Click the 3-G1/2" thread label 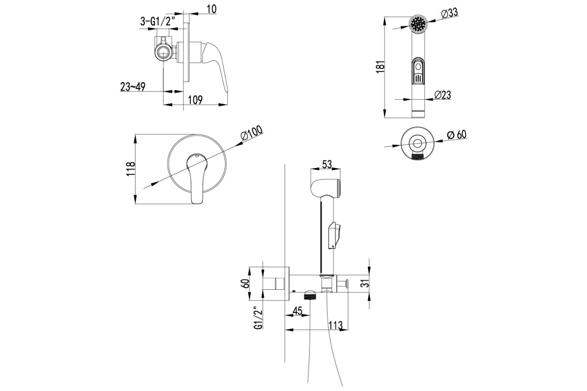tap(157, 21)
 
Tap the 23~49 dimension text tap(133, 87)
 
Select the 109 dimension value tap(195, 100)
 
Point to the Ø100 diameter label tap(251, 133)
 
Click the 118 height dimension tap(131, 169)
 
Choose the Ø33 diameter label tap(449, 13)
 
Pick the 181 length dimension tap(380, 67)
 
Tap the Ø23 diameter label tap(443, 95)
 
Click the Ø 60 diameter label tap(457, 135)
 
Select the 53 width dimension tap(327, 165)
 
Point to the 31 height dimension tap(365, 283)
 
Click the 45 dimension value tap(297, 310)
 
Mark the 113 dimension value tap(336, 325)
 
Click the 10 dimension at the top tap(212, 9)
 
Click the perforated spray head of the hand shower tap(418, 24)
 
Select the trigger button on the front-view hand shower tap(418, 71)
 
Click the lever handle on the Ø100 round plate tap(197, 178)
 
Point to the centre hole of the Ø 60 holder tap(417, 144)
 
